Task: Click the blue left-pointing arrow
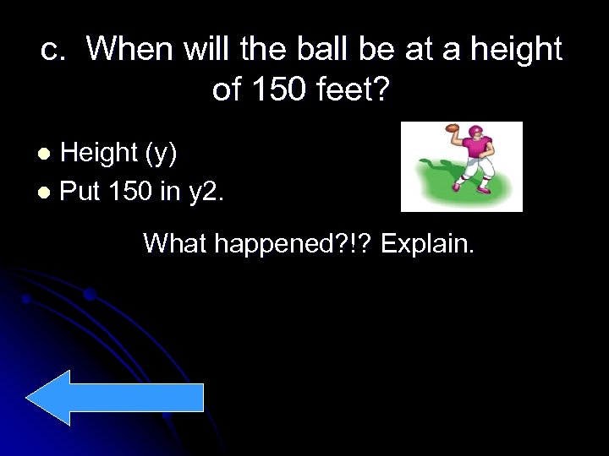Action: (x=115, y=398)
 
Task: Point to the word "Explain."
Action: (x=430, y=247)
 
